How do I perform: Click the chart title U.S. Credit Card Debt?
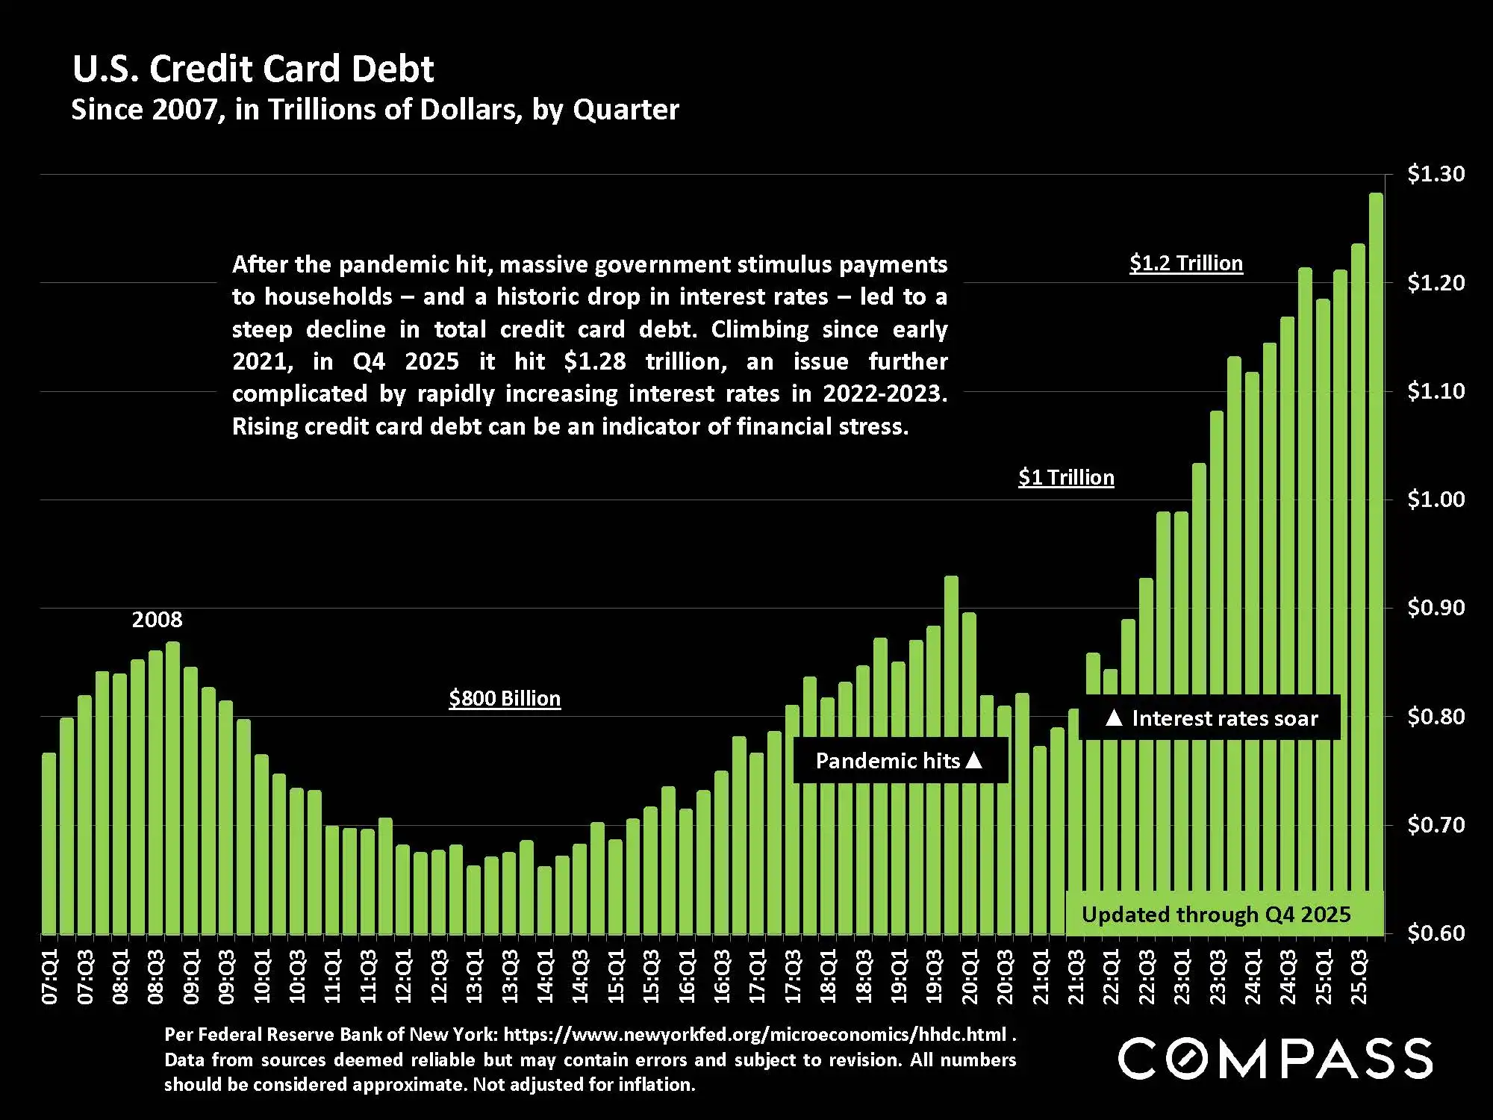[252, 69]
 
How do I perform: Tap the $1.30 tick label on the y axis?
[1436, 174]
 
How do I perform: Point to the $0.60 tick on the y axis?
[1436, 933]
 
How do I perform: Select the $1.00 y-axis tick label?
[1436, 500]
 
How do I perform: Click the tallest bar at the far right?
[1375, 560]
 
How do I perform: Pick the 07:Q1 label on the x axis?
[50, 977]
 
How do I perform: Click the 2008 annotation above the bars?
[157, 620]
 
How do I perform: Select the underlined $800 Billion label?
[505, 699]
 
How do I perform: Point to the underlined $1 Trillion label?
[1066, 478]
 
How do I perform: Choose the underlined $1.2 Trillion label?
[1186, 264]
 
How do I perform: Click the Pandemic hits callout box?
[900, 761]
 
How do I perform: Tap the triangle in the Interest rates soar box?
[1114, 718]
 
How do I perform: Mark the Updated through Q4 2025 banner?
[1216, 915]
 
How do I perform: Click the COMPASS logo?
[1275, 1058]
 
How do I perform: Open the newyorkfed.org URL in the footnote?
[755, 1035]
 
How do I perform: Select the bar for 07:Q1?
[49, 844]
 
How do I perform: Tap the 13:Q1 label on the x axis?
[475, 977]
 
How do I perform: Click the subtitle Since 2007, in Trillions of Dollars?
[375, 110]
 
